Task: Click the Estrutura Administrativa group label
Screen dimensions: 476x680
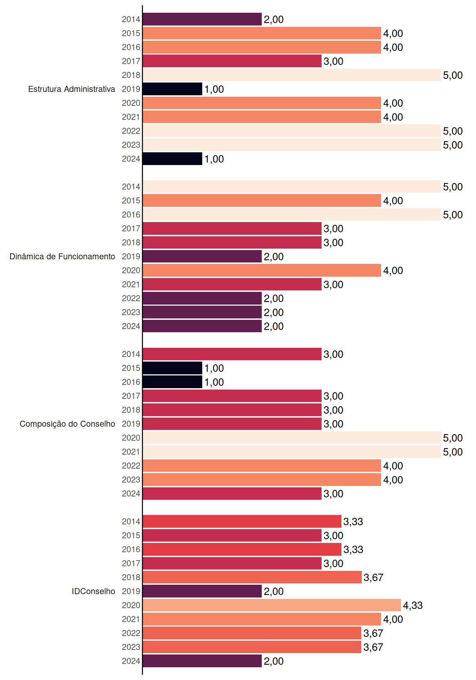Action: click(72, 89)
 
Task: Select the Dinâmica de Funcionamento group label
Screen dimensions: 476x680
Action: click(62, 256)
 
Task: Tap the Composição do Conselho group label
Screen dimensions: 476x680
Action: click(67, 424)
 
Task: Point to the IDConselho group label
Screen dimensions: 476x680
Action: click(93, 591)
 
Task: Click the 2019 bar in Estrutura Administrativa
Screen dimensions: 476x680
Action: click(172, 89)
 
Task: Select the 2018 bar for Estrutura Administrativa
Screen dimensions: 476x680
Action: click(292, 75)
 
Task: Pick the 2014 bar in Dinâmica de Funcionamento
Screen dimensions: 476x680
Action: click(292, 187)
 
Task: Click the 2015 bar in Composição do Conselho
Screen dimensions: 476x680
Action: click(172, 368)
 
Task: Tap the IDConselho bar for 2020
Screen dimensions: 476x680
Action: click(272, 605)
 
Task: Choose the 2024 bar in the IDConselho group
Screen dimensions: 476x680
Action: click(202, 661)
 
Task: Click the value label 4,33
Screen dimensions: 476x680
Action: click(413, 605)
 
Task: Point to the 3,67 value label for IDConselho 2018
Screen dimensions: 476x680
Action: click(373, 577)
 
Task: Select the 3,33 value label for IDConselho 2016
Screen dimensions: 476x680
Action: click(353, 549)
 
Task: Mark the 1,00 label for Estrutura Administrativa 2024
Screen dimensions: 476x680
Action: click(214, 159)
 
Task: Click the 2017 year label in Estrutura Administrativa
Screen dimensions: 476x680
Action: click(131, 61)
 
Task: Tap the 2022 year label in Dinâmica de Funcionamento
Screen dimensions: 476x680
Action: click(131, 299)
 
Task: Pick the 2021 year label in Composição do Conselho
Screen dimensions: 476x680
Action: click(131, 452)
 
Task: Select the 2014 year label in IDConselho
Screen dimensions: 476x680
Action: click(131, 522)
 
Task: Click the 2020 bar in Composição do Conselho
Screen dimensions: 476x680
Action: click(292, 438)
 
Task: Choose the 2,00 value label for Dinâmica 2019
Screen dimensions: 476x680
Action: click(273, 256)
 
